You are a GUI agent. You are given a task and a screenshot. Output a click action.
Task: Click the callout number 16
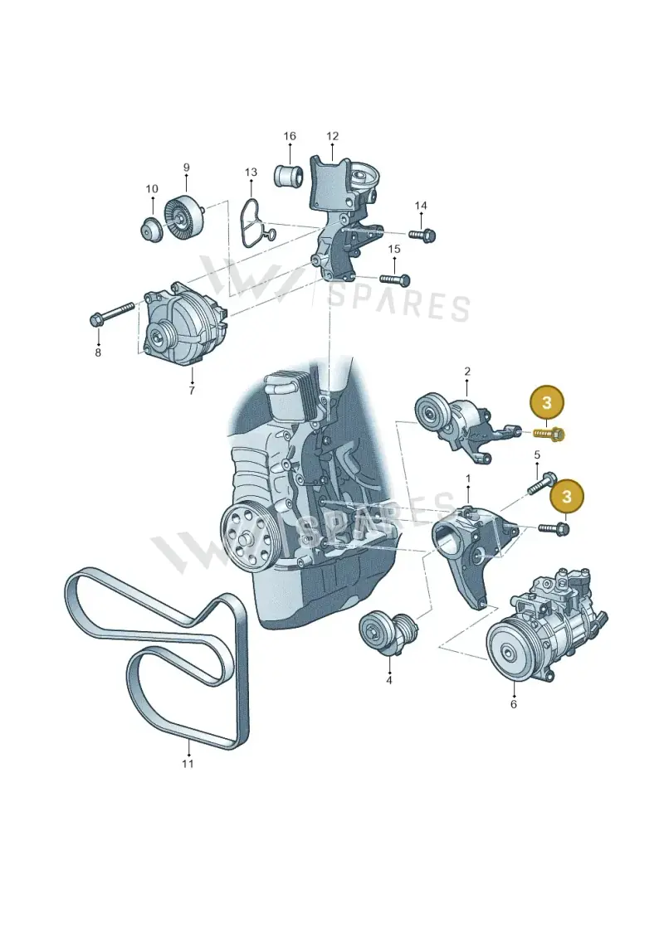tap(289, 136)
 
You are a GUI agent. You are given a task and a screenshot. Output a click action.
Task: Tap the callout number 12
tap(332, 136)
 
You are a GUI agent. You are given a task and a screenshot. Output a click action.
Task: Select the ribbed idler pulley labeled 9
tap(186, 216)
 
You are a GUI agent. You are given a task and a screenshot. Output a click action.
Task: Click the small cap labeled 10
tap(152, 230)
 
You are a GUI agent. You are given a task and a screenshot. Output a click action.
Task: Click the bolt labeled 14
tap(422, 234)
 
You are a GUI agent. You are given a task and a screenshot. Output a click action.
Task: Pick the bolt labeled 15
tap(394, 279)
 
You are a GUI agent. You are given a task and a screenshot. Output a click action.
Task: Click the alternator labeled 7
tap(184, 323)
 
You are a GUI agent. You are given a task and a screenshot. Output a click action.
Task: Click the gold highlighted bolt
tap(549, 431)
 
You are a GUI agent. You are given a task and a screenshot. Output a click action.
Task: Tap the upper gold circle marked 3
tap(546, 402)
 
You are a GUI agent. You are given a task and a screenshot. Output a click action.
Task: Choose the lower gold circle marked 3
tap(566, 496)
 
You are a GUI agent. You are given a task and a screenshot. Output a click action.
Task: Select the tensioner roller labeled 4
tap(389, 633)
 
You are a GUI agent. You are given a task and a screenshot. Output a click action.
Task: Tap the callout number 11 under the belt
tap(188, 763)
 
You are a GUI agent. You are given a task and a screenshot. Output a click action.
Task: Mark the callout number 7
tap(192, 391)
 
